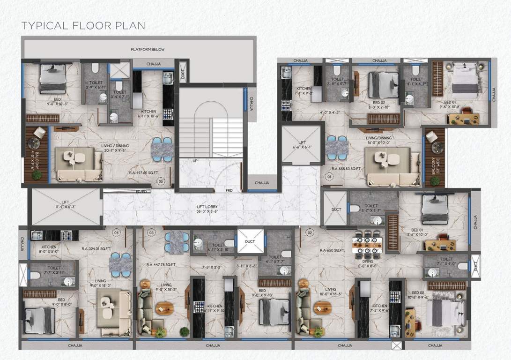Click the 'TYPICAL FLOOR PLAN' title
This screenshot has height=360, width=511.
point(83,25)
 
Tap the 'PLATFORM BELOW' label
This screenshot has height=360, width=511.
point(148,49)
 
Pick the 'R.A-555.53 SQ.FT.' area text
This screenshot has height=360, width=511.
point(347,168)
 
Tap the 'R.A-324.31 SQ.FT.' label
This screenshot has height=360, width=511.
point(96,249)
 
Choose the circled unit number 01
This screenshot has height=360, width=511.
point(329,177)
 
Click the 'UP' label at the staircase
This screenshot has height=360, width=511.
point(195,161)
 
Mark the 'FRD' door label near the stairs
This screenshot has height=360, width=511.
point(229,191)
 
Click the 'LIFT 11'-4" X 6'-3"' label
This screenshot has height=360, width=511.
point(66,204)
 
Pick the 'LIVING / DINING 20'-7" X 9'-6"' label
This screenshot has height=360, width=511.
point(115,149)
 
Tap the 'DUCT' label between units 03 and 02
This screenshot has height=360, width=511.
point(250,241)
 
